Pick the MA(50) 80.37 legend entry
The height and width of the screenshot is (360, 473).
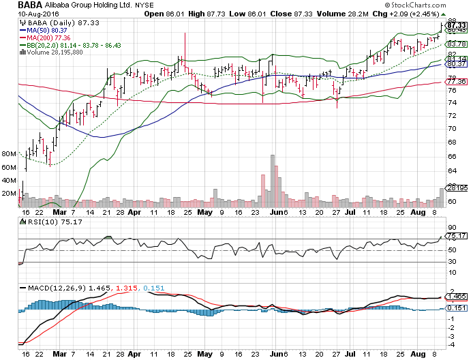[48, 30]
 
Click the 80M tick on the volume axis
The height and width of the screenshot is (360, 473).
[9, 155]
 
